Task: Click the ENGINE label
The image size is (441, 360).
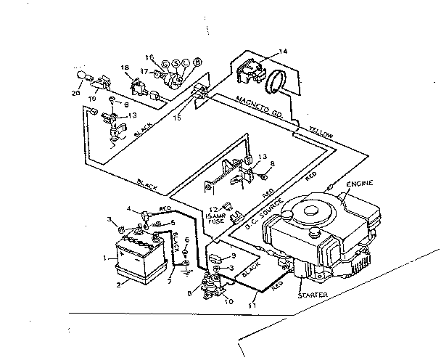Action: pos(359,187)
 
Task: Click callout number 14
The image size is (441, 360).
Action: pos(284,52)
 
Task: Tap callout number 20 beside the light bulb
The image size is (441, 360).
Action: pos(76,92)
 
